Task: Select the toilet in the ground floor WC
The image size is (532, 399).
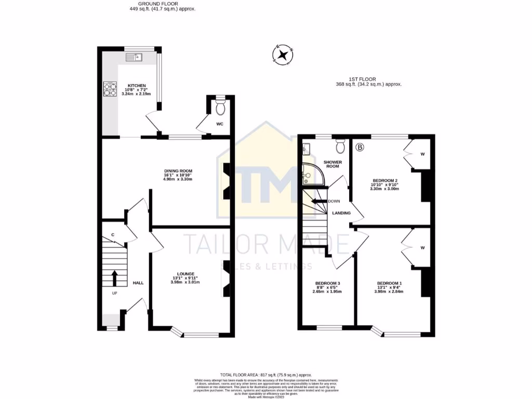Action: click(x=220, y=108)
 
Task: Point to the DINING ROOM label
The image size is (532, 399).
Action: click(x=178, y=171)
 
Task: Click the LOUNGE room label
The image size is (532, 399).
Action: click(x=185, y=274)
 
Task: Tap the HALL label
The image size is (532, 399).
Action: click(x=138, y=283)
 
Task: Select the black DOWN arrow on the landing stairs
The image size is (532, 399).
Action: click(x=318, y=201)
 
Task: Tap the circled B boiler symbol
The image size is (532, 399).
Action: click(x=360, y=147)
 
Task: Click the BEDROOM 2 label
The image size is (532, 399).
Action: click(x=385, y=181)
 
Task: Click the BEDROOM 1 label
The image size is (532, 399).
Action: click(x=390, y=284)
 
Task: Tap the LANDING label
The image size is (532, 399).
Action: click(x=342, y=213)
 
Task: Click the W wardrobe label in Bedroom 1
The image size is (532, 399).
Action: click(x=422, y=248)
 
